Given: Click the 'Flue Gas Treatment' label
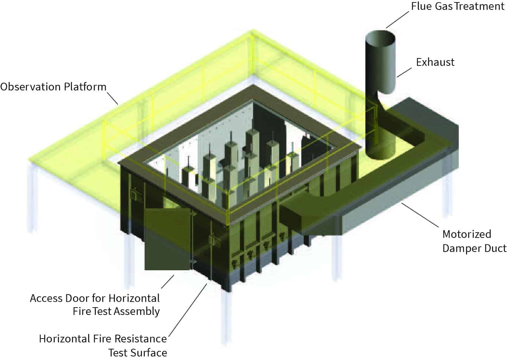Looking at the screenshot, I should (x=457, y=6).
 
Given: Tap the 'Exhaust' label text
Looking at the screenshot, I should (x=435, y=62).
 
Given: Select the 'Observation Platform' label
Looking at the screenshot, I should (x=53, y=87).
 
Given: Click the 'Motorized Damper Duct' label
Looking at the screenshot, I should (x=474, y=241).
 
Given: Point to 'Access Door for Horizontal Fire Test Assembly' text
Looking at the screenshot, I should (x=95, y=304).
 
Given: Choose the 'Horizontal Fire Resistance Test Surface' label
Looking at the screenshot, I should (x=103, y=345).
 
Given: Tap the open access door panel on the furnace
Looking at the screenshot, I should (x=167, y=239).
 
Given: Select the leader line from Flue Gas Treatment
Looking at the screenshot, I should (x=398, y=19).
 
